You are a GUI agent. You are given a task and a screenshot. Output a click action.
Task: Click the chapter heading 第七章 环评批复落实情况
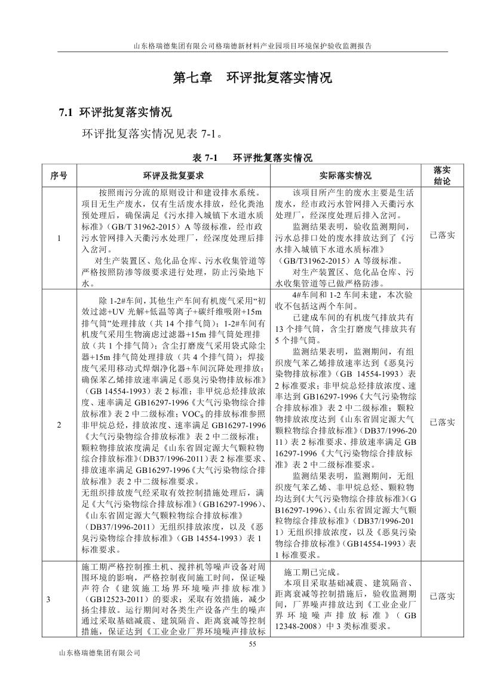pos(252,78)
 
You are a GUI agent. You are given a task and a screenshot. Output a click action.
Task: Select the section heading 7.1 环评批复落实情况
pos(115,112)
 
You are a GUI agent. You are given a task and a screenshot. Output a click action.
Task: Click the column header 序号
pos(59,175)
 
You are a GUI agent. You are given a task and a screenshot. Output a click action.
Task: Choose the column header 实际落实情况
pos(345,175)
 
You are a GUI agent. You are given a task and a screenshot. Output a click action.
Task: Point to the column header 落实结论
pos(442,175)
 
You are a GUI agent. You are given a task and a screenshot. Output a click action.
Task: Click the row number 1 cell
pos(59,239)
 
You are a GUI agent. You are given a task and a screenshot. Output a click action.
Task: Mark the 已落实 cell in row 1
pos(442,235)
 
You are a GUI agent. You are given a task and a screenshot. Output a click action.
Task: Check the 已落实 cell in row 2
pos(442,422)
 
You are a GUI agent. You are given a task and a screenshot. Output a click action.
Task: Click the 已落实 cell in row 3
pos(442,596)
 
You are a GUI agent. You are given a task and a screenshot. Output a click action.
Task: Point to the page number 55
pos(252,644)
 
